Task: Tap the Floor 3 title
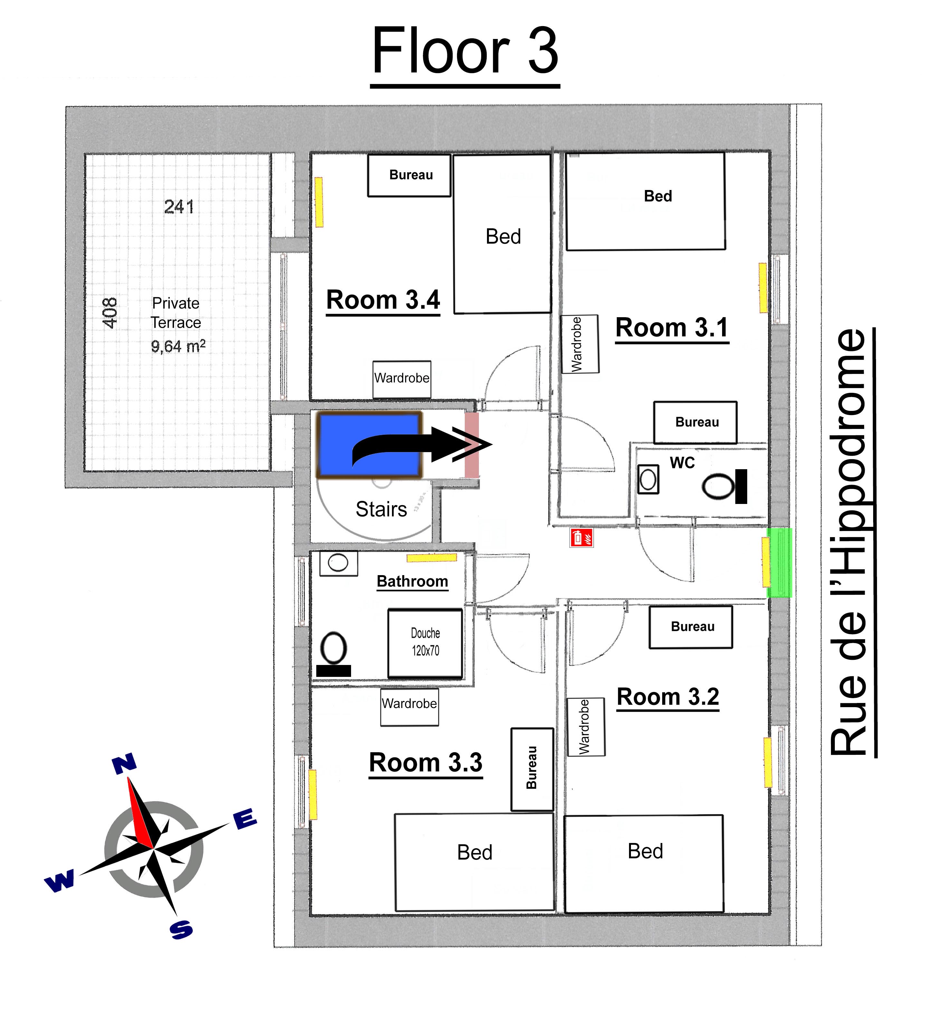(x=465, y=51)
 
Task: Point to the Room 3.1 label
(x=672, y=328)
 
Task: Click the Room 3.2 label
(x=668, y=697)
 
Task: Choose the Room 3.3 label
(x=425, y=762)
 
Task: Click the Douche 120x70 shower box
(x=425, y=643)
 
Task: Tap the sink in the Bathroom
(x=339, y=562)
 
